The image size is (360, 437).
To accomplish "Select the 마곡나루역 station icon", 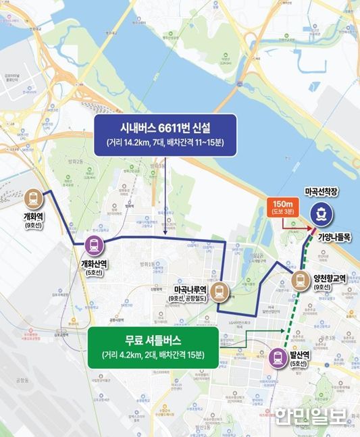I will (220, 292).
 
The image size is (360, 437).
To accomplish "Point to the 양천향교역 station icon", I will (299, 279).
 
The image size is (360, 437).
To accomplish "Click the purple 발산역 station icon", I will (278, 358).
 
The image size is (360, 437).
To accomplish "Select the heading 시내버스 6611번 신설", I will (164, 127).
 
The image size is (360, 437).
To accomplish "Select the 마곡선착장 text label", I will (323, 192).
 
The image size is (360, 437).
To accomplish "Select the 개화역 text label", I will (32, 219).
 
